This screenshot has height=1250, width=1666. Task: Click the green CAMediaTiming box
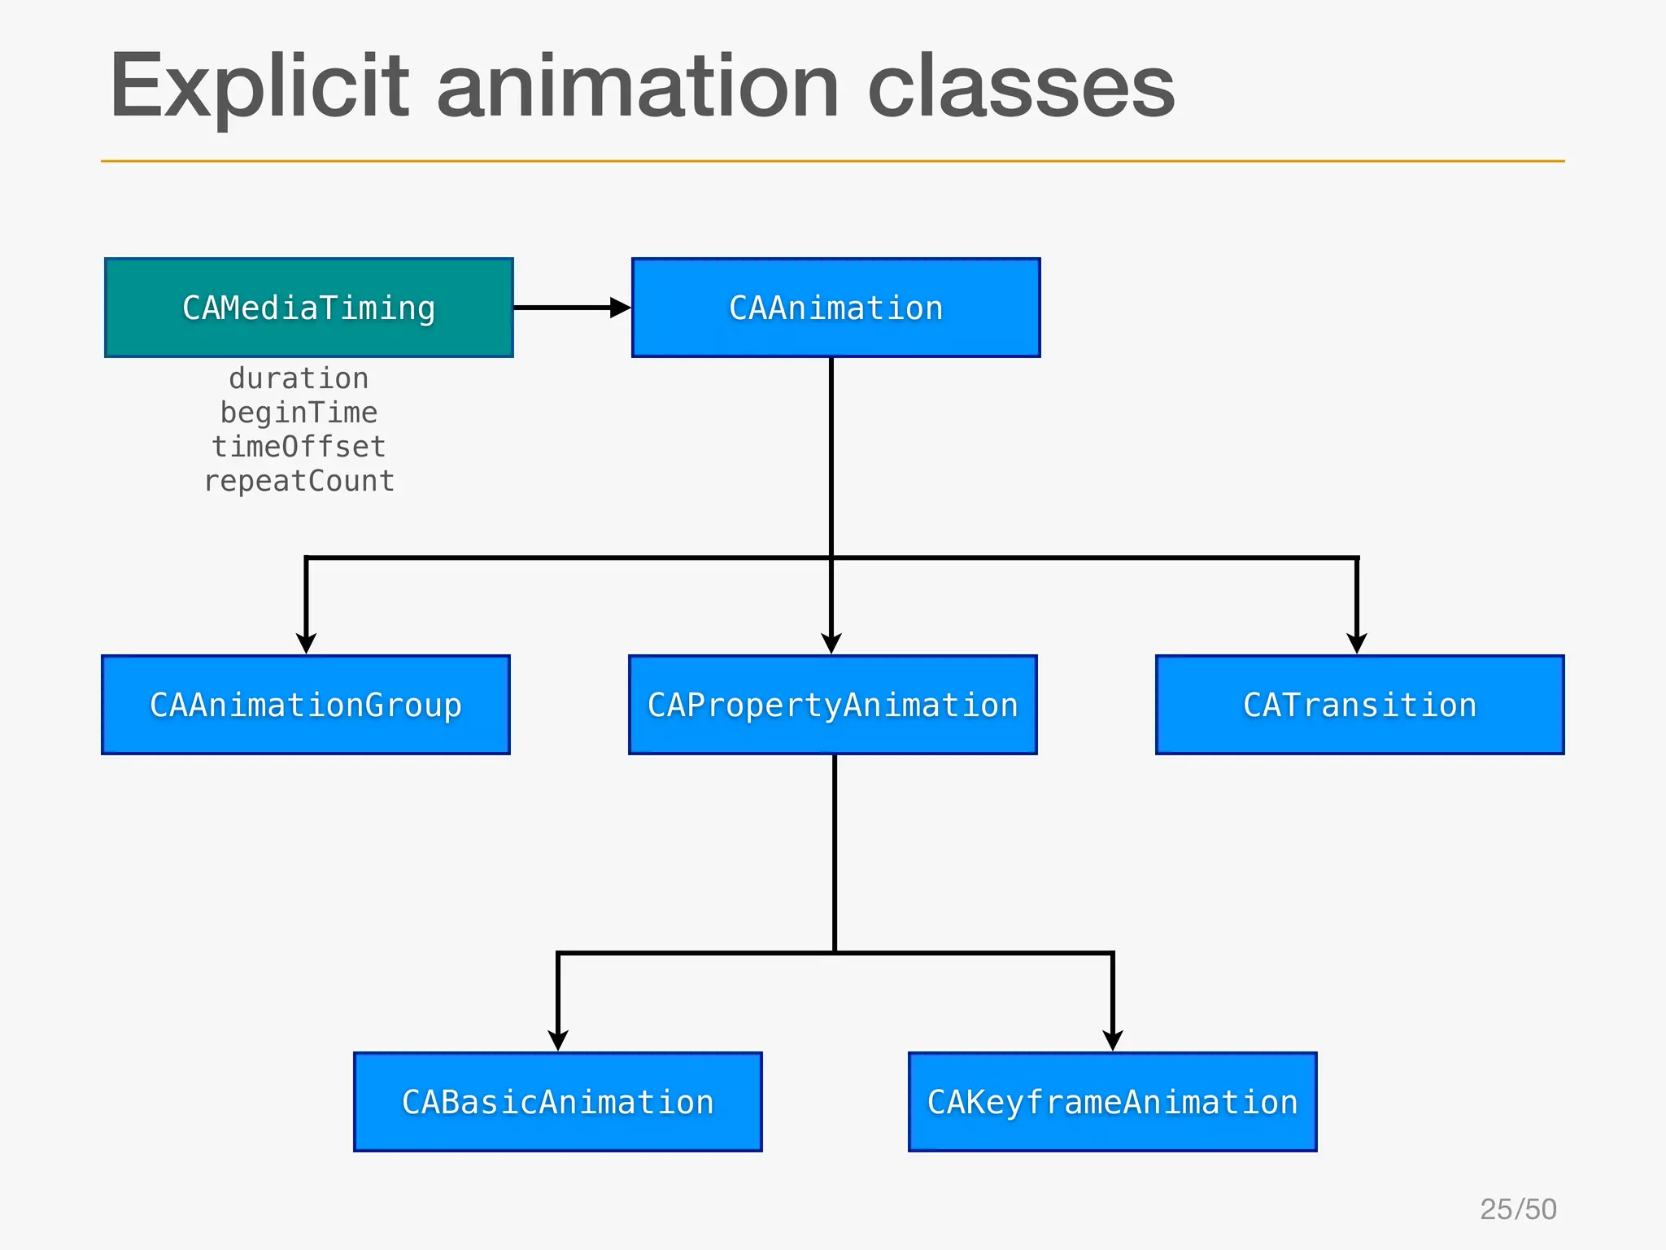(x=309, y=308)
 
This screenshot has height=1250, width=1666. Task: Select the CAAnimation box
(x=835, y=308)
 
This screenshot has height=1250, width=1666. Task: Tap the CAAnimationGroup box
(x=306, y=705)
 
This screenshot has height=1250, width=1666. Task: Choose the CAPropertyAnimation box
(x=832, y=705)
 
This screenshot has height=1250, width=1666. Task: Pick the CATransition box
(x=1359, y=705)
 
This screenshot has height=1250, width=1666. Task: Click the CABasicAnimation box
(x=558, y=1102)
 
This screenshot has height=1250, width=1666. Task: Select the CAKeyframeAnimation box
(x=1112, y=1102)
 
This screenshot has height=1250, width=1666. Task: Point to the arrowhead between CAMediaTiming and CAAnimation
(x=620, y=308)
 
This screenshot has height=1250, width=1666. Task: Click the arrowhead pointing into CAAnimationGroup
(x=306, y=644)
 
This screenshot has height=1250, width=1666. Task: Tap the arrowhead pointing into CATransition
(x=1357, y=644)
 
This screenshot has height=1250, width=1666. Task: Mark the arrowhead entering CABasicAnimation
(x=558, y=1041)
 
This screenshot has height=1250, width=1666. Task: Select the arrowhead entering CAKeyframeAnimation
(x=1113, y=1041)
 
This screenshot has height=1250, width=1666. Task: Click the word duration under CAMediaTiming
(x=299, y=378)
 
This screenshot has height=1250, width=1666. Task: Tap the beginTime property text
(x=299, y=413)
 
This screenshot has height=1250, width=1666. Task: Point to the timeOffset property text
(x=299, y=447)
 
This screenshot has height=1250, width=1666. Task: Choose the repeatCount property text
(x=299, y=481)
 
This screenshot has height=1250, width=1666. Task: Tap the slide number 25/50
(x=1518, y=1209)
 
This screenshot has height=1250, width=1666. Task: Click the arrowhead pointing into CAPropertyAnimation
(x=831, y=644)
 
